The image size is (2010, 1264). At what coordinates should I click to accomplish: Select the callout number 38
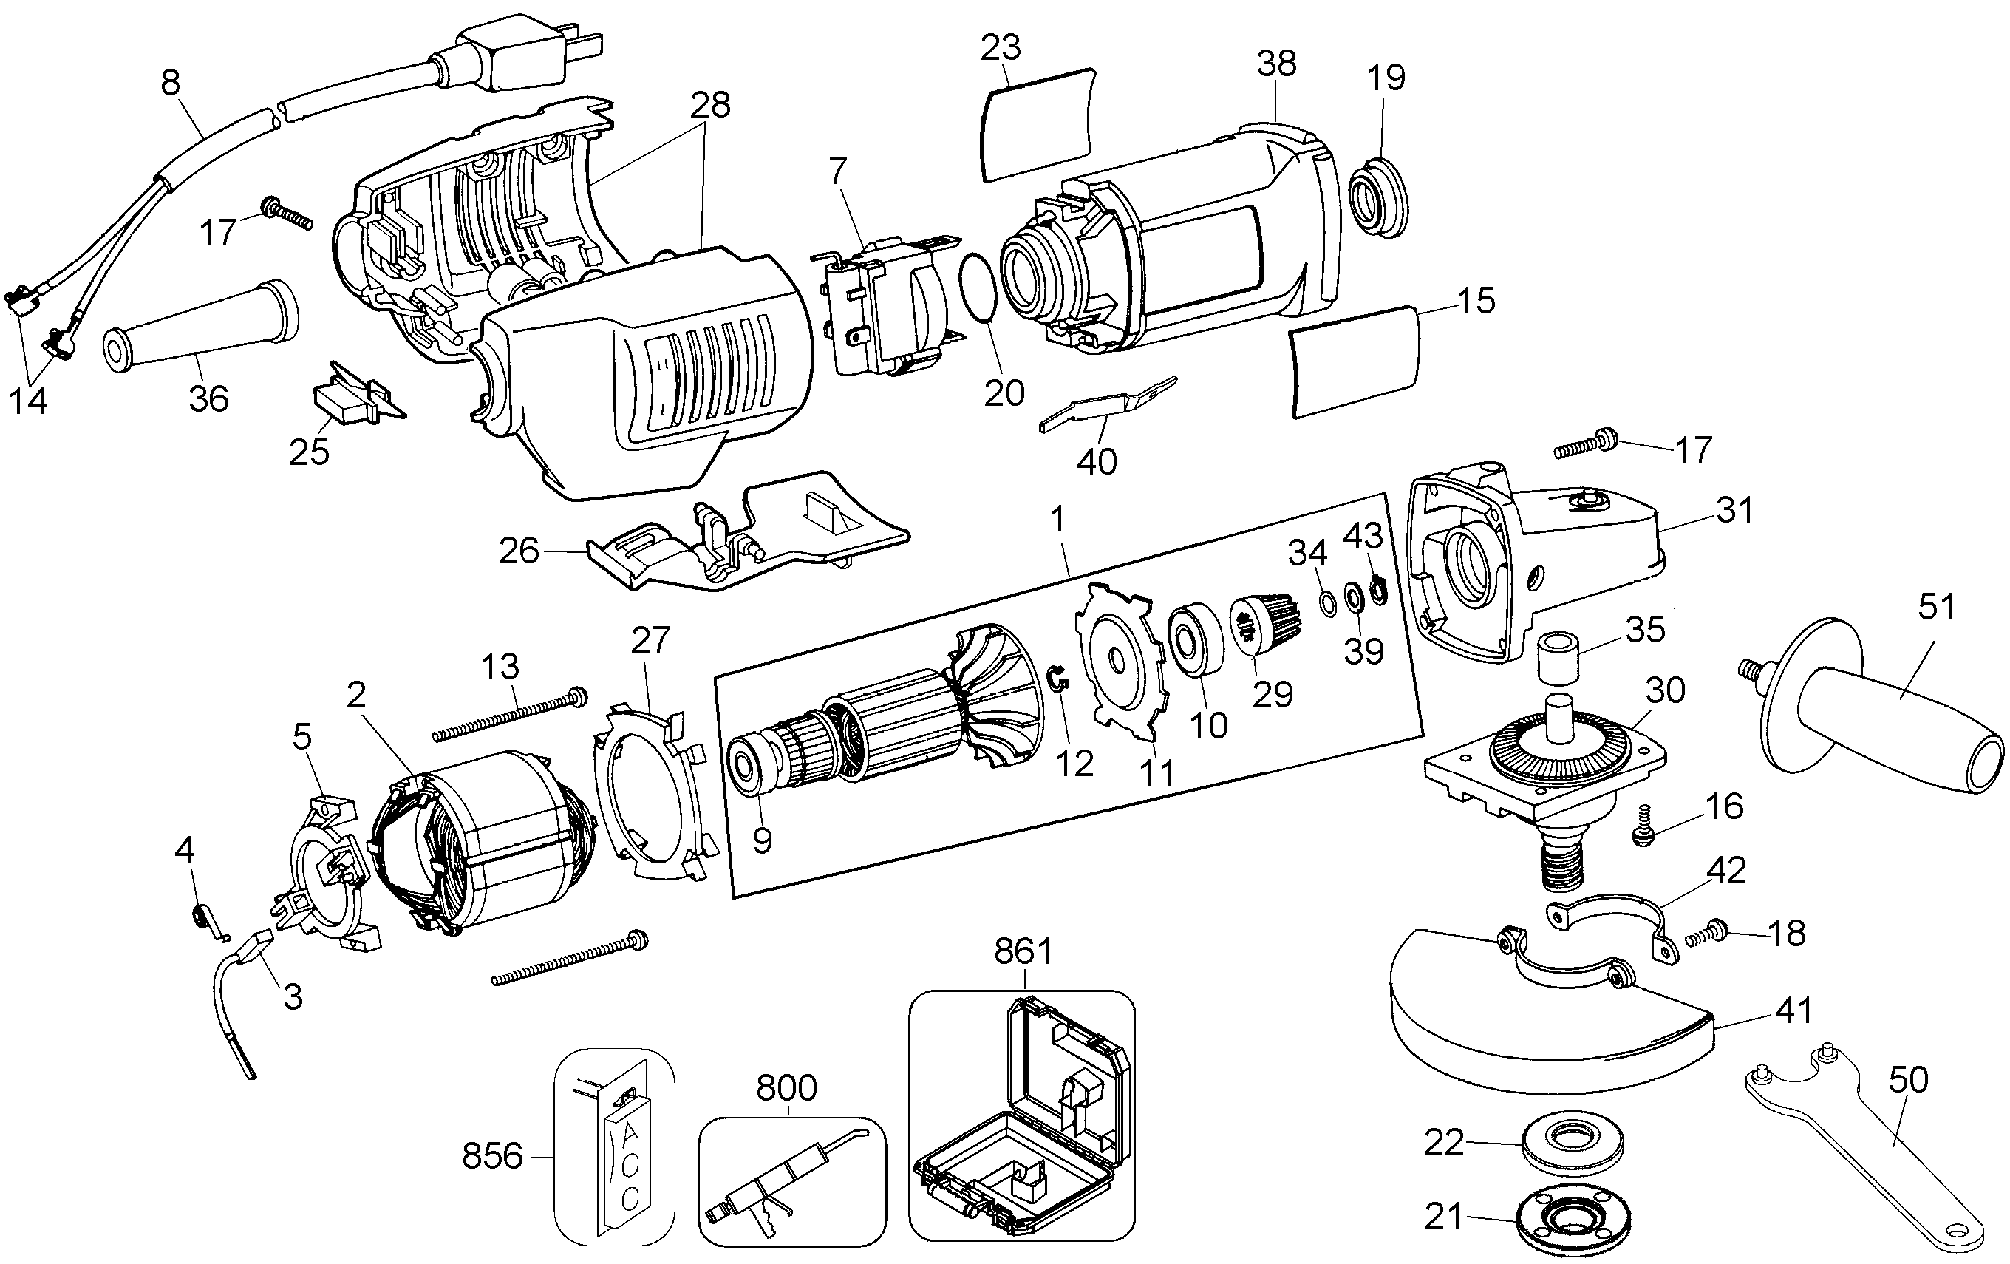click(x=1276, y=64)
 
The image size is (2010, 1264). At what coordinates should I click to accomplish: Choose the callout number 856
click(x=491, y=1156)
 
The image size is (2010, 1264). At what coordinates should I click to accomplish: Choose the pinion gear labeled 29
click(x=1261, y=622)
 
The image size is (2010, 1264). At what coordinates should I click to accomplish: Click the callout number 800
click(x=786, y=1088)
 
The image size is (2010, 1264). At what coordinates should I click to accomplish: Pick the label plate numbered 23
click(x=1035, y=135)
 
